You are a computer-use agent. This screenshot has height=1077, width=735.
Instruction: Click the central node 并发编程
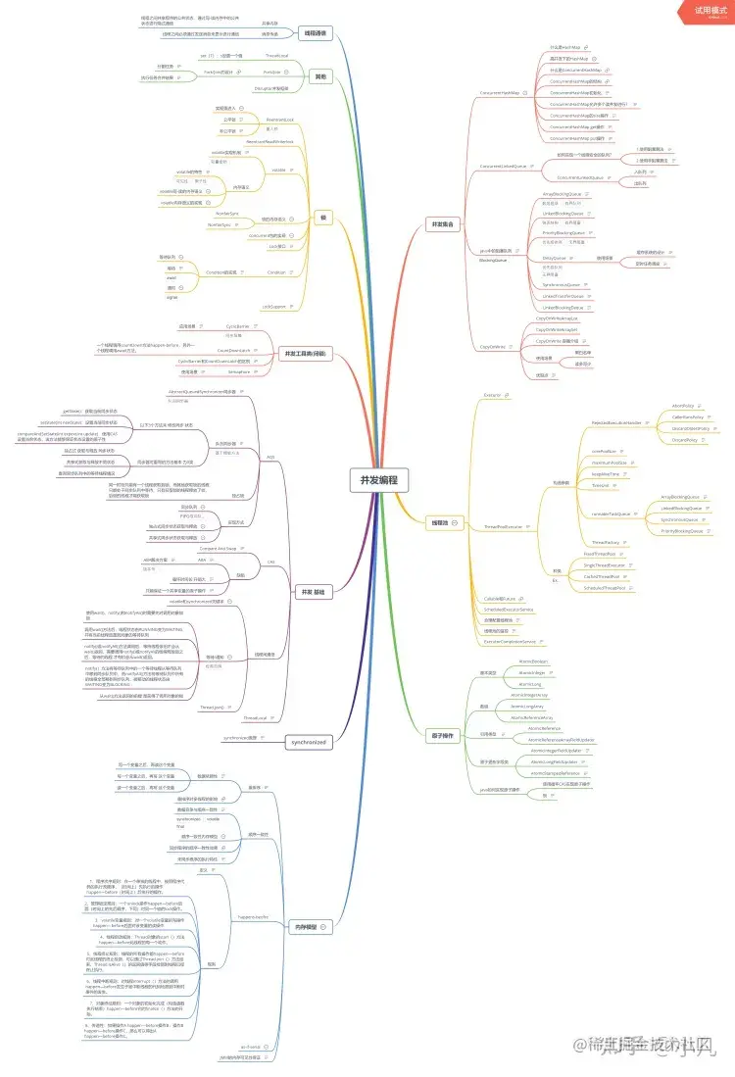pos(379,481)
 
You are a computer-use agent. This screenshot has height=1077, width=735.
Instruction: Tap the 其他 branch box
pos(319,75)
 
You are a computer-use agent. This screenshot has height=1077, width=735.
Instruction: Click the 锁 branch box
pos(322,217)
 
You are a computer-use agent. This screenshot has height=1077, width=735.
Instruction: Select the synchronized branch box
pos(307,742)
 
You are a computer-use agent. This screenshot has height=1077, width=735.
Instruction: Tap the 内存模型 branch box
pos(307,925)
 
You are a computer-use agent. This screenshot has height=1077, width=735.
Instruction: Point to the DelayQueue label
pos(555,258)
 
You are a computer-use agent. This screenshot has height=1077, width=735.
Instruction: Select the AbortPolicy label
pos(683,405)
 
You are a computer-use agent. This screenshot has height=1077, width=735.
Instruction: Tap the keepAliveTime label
pos(606,473)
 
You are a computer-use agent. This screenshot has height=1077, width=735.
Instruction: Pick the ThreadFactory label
pos(606,542)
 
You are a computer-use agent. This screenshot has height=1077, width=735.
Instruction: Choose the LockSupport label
pos(273,307)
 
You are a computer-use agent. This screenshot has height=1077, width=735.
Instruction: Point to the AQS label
pos(270,457)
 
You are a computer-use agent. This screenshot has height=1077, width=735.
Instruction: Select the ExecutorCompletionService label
pos(510,641)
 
